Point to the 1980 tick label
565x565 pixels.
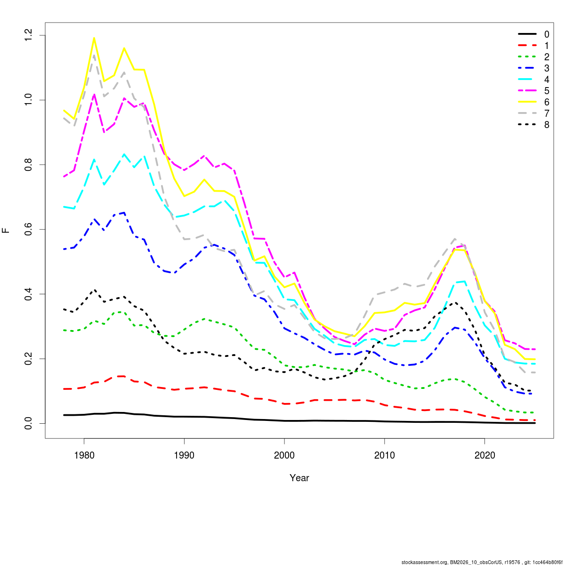pyautogui.click(x=84, y=455)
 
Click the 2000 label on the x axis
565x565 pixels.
pyautogui.click(x=284, y=455)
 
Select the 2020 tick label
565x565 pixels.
pyautogui.click(x=485, y=455)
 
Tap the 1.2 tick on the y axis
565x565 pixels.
pyautogui.click(x=29, y=35)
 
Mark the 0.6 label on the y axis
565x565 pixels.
pyautogui.click(x=29, y=229)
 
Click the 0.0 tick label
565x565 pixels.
pyautogui.click(x=29, y=423)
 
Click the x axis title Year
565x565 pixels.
pyautogui.click(x=299, y=478)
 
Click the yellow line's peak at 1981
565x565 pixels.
pyautogui.click(x=94, y=38)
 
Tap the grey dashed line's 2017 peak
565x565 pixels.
pyautogui.click(x=455, y=239)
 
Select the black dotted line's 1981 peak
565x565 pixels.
pyautogui.click(x=94, y=290)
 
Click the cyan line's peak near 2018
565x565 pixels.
pyautogui.click(x=465, y=281)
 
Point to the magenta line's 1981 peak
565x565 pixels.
pyautogui.click(x=94, y=94)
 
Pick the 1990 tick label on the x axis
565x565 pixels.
pyautogui.click(x=184, y=455)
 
